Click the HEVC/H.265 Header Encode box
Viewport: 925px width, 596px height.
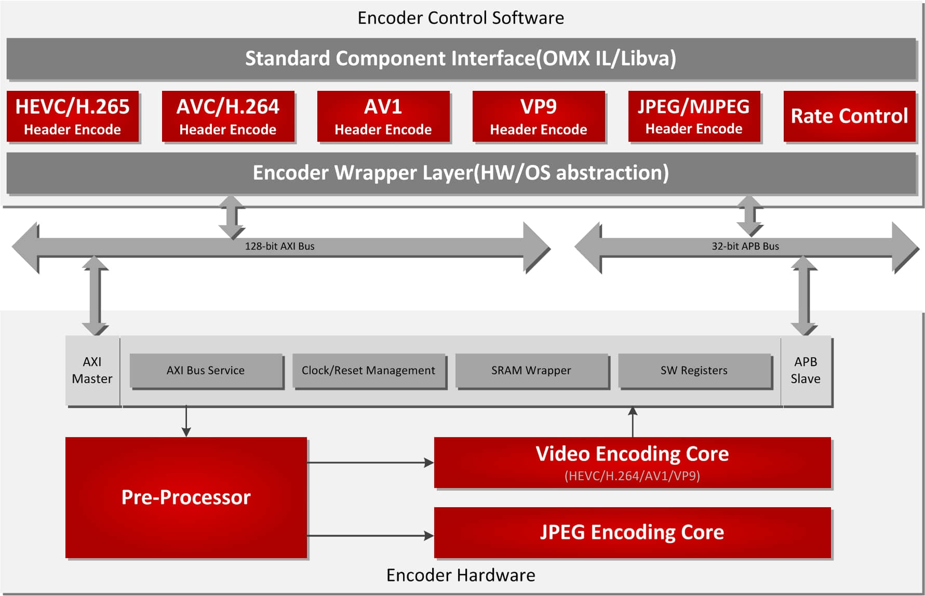[73, 116]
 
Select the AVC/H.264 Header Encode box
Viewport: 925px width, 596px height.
[228, 116]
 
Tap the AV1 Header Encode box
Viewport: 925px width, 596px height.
[383, 116]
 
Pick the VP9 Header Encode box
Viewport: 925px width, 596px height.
[539, 116]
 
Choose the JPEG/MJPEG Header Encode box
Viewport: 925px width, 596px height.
[694, 116]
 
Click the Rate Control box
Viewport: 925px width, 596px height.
[849, 116]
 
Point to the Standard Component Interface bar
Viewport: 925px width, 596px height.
[461, 59]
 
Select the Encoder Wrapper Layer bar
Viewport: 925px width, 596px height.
[461, 173]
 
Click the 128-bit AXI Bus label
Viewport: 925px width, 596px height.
[279, 246]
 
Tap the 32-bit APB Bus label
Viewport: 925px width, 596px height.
[745, 246]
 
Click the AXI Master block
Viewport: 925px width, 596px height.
[92, 370]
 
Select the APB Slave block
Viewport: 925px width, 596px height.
[806, 370]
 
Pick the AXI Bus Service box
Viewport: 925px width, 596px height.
[206, 370]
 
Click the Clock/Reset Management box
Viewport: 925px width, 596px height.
[368, 370]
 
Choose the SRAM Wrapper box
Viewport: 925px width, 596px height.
[531, 370]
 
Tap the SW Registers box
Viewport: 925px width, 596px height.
[694, 370]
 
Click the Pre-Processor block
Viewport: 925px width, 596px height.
[186, 497]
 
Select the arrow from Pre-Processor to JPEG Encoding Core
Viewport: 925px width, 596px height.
[370, 535]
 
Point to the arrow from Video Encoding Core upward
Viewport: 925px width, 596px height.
[633, 422]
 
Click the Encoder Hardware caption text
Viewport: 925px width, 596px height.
[461, 575]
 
